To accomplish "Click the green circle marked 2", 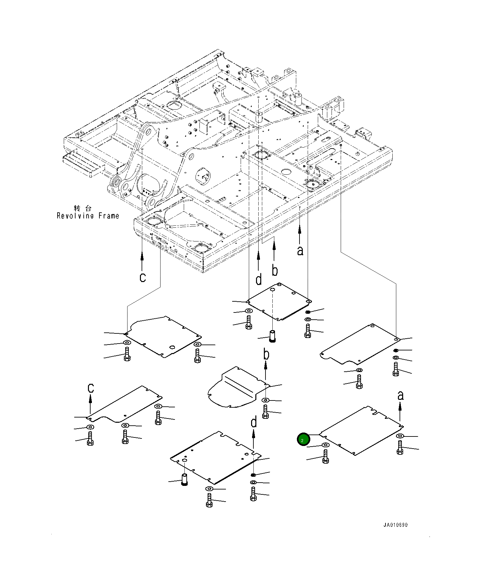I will tap(303, 439).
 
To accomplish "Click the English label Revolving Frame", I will tap(88, 216).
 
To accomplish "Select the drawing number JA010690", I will tap(396, 525).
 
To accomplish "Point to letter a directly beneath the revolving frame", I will tap(300, 251).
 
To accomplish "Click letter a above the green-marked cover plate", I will tap(401, 396).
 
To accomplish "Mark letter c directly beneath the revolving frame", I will tap(142, 277).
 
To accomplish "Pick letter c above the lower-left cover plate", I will tap(91, 388).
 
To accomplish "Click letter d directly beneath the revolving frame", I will tap(259, 279).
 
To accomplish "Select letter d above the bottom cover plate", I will tap(254, 422).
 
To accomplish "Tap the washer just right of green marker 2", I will tap(325, 445).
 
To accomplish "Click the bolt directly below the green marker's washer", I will tap(325, 456).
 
